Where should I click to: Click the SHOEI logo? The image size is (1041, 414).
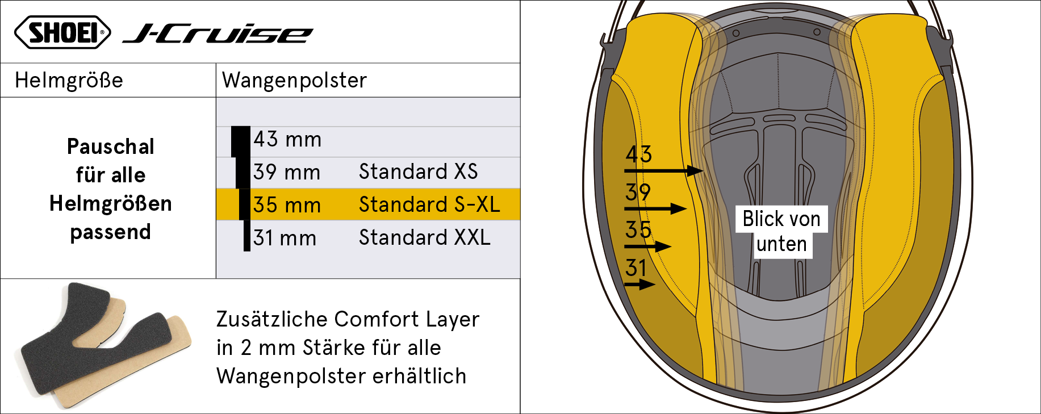(x=62, y=32)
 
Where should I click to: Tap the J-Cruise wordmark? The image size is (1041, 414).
(x=218, y=34)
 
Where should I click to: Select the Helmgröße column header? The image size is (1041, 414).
(x=69, y=80)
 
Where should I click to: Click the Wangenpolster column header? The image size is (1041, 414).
(x=294, y=80)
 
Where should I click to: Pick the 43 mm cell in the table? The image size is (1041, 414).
(x=287, y=139)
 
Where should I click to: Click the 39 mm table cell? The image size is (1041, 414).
(x=287, y=172)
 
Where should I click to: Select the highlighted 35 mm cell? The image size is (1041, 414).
(x=287, y=205)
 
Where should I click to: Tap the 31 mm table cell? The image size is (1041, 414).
(x=285, y=238)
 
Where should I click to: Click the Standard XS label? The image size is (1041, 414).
(x=418, y=172)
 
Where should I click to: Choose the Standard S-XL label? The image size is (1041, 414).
(x=429, y=204)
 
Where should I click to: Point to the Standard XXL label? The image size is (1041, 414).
(x=424, y=237)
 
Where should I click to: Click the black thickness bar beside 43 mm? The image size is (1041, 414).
(x=241, y=141)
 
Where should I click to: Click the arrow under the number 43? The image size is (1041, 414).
(x=664, y=170)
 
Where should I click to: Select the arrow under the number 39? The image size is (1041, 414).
(x=655, y=208)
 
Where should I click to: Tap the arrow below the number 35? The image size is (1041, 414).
(x=648, y=246)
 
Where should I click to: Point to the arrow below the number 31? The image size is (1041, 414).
(x=639, y=284)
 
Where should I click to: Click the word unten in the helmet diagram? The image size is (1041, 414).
(x=781, y=244)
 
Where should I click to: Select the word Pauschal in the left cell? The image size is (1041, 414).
(x=111, y=147)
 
